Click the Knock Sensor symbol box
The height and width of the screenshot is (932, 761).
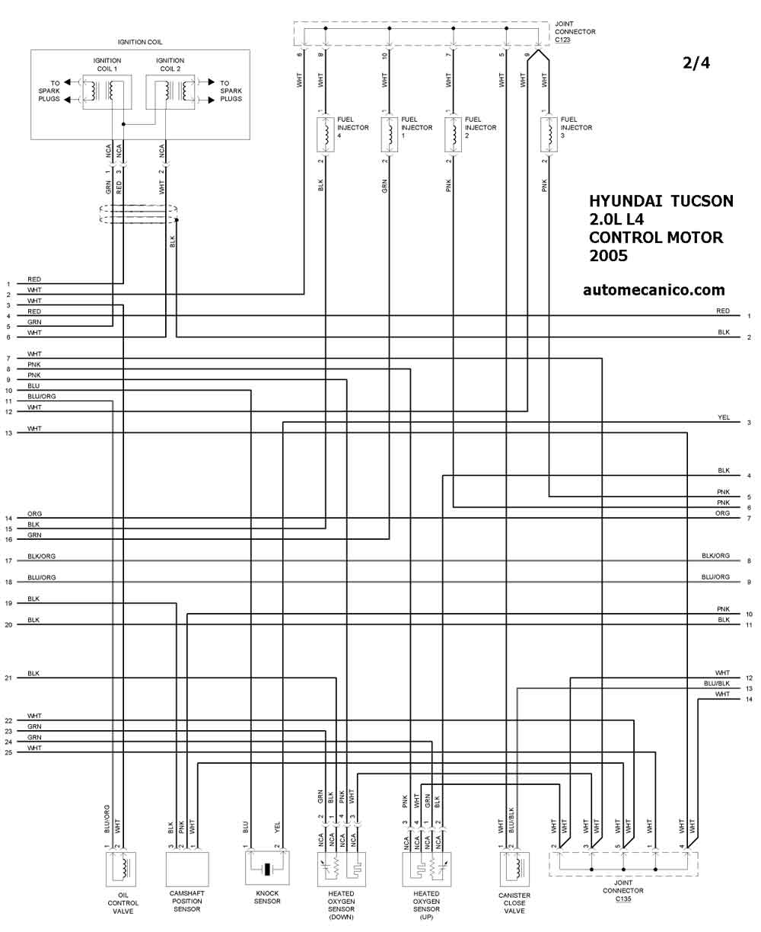(x=267, y=868)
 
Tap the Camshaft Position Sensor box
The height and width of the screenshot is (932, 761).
(x=187, y=869)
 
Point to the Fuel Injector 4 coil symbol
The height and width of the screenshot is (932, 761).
(x=326, y=135)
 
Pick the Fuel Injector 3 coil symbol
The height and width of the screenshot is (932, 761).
(x=549, y=135)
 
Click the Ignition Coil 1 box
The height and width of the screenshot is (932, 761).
(x=107, y=92)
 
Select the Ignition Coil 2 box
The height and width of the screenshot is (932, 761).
(x=170, y=92)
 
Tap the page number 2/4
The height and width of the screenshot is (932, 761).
(x=696, y=62)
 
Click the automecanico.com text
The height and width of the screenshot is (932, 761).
(x=654, y=290)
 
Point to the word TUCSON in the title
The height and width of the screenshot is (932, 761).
(x=702, y=201)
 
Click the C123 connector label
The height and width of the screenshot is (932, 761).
(x=562, y=40)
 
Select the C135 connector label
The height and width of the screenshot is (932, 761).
(x=622, y=898)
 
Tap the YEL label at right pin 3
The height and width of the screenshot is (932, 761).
(x=724, y=417)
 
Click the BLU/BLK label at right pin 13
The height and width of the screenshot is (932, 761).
(x=716, y=683)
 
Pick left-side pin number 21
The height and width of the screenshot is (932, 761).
(x=8, y=678)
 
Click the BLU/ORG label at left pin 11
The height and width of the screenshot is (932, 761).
(x=42, y=397)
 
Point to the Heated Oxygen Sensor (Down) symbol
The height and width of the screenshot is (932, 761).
(x=341, y=870)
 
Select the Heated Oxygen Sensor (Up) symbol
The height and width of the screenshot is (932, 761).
(x=426, y=870)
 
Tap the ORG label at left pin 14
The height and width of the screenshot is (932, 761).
(x=34, y=513)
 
